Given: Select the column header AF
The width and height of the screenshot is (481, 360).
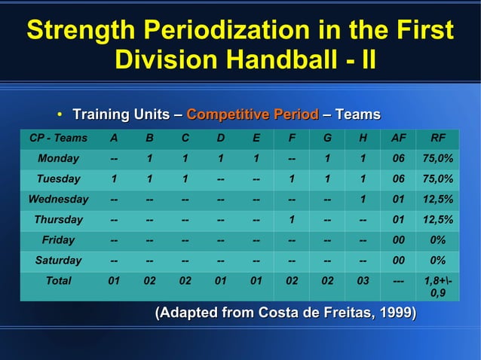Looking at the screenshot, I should [399, 139].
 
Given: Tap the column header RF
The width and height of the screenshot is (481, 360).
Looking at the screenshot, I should [438, 139].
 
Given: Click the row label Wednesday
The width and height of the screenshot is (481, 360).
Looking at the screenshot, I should [58, 200].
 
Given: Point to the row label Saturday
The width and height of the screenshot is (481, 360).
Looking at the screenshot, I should [58, 261].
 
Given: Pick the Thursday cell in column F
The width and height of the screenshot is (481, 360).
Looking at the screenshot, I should [291, 220].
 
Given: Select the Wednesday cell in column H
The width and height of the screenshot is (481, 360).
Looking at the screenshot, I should [363, 200].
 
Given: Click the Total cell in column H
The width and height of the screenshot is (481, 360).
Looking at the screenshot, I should [363, 281].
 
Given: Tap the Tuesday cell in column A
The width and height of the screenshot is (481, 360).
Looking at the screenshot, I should [113, 179].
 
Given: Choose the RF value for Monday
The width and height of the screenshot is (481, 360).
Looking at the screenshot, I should [438, 159].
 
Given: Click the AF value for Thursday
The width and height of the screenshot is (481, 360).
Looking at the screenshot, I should [399, 220].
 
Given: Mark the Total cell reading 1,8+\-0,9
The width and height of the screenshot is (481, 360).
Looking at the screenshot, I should [438, 287].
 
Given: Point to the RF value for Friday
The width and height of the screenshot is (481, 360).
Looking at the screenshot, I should [438, 240].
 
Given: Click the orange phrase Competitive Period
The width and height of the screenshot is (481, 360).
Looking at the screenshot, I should [253, 114].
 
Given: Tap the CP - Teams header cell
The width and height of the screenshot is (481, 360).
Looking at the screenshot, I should [58, 139].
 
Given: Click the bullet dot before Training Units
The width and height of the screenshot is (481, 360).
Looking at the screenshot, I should [60, 115].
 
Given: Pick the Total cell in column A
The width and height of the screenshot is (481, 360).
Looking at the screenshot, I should [113, 281].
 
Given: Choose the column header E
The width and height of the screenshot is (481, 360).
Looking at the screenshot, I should [256, 139].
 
